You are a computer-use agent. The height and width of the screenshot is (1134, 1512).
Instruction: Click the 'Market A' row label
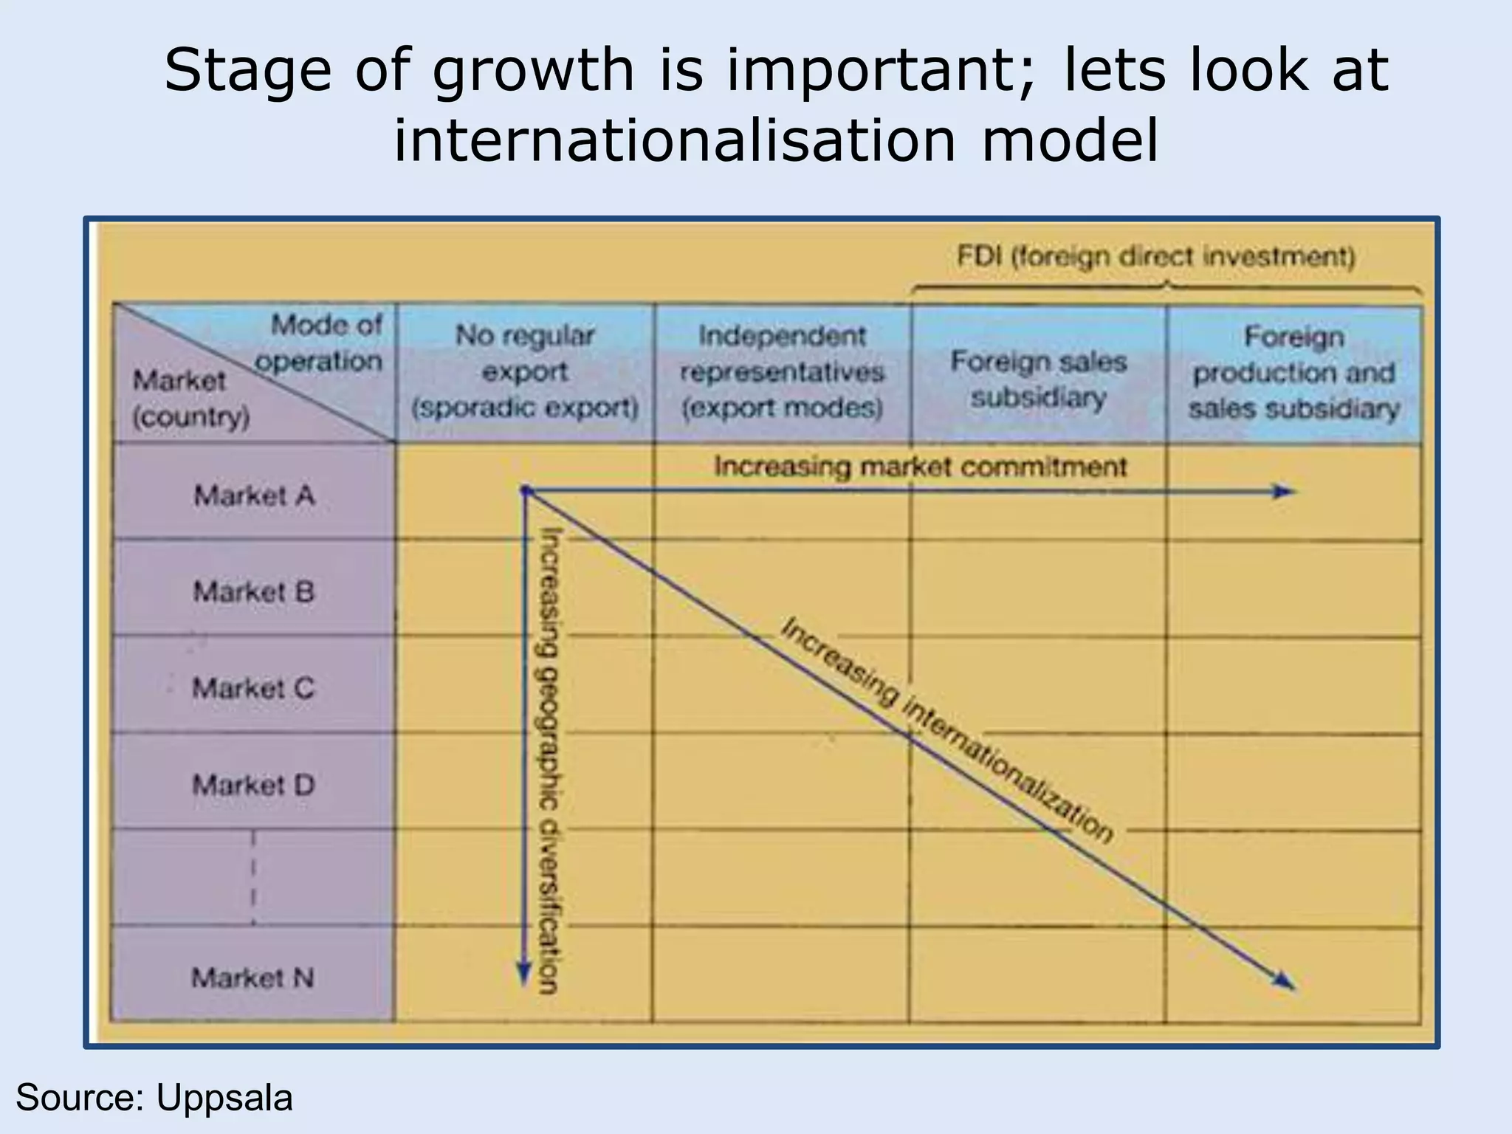click(254, 495)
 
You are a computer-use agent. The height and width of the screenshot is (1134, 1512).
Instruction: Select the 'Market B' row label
click(254, 591)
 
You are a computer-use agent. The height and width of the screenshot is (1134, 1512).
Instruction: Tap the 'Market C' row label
click(253, 688)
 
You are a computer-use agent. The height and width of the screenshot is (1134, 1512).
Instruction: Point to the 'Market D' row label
click(253, 784)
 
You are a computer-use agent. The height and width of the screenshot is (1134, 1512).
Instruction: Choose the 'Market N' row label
click(252, 977)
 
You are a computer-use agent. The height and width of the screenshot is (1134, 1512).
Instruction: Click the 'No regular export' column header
click(525, 371)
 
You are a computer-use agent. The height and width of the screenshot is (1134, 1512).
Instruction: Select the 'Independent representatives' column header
click(782, 371)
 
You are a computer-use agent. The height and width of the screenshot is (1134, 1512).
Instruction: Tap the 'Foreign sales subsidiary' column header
click(1039, 379)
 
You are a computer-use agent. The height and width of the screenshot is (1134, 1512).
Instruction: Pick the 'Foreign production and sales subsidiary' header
click(1294, 372)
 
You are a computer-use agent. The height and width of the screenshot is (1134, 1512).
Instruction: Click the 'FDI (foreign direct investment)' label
click(1156, 257)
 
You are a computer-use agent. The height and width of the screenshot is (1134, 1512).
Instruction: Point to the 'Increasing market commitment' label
click(921, 467)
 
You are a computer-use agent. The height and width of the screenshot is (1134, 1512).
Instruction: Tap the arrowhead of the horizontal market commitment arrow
click(1285, 492)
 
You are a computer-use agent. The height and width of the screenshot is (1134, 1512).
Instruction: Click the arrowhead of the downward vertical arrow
click(523, 976)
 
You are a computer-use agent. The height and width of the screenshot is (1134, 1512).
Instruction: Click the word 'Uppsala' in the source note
click(224, 1098)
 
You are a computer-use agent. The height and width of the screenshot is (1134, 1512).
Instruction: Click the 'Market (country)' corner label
click(190, 399)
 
